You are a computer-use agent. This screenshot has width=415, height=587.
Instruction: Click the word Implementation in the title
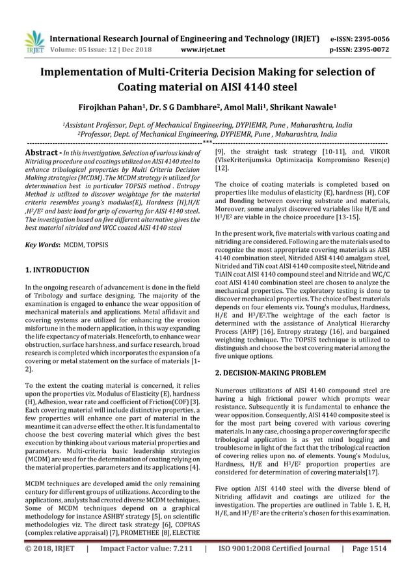[x=82, y=72]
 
